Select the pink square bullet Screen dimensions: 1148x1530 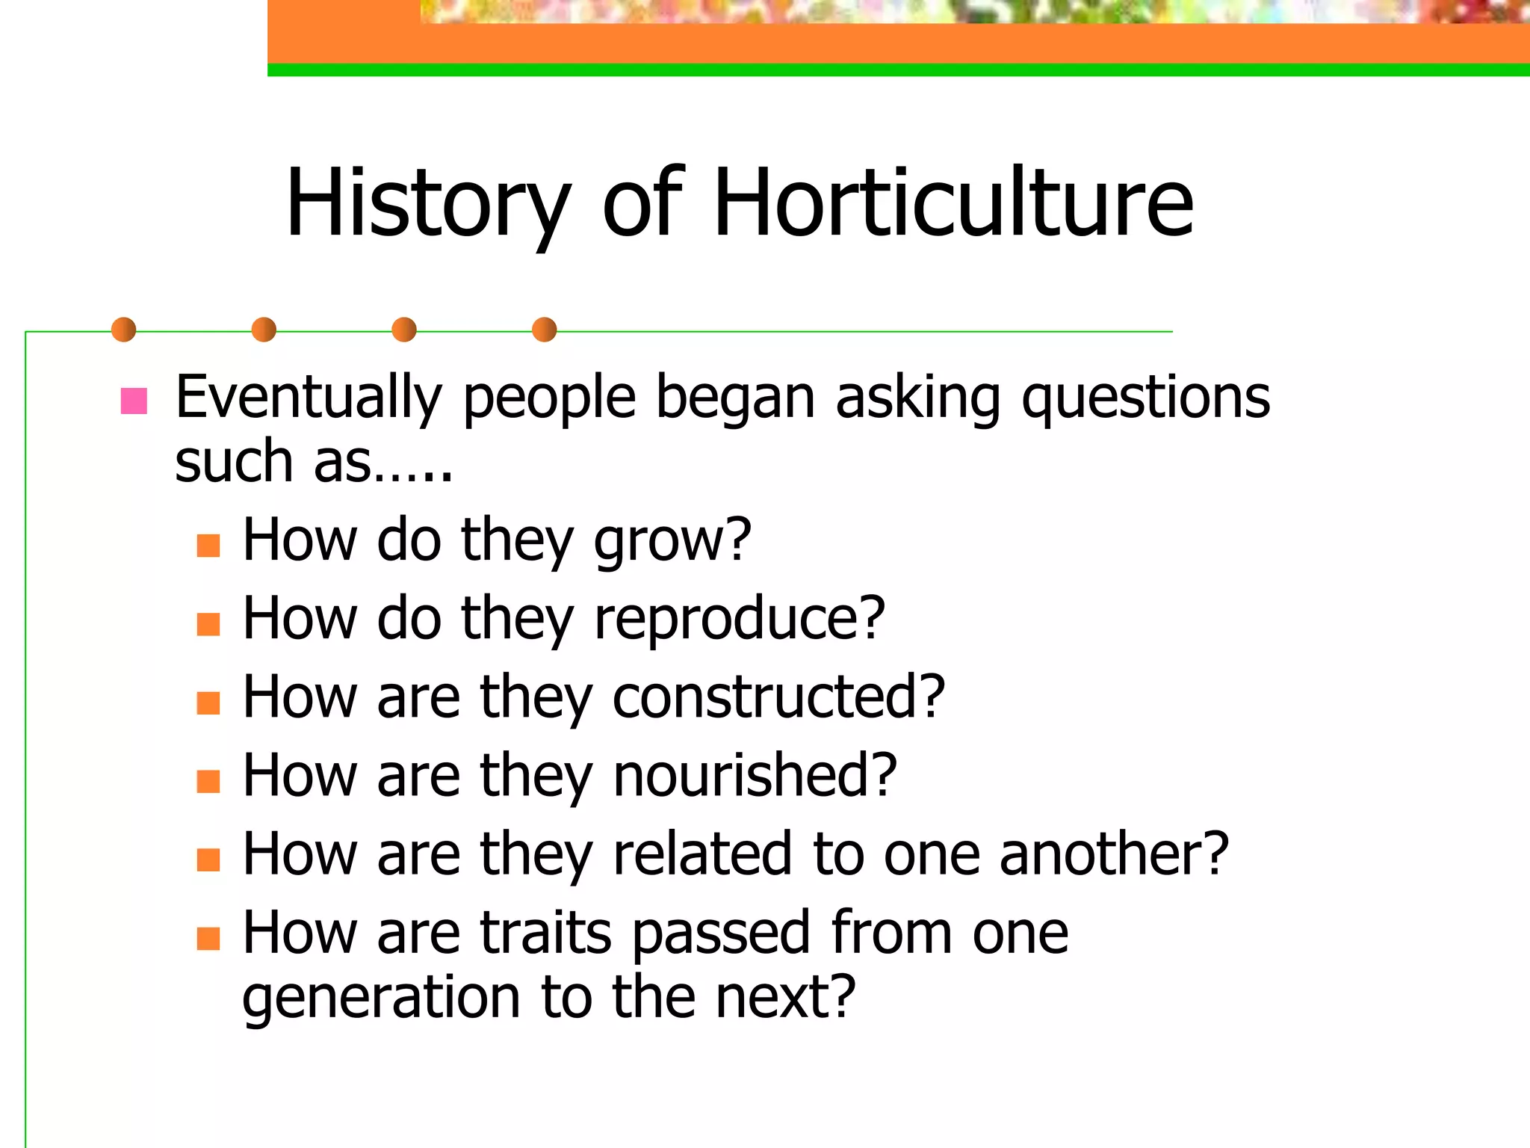pyautogui.click(x=134, y=401)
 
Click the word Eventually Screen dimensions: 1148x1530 pyautogui.click(x=309, y=398)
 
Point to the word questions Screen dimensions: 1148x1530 pyautogui.click(x=1145, y=398)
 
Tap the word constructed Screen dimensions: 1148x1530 pyautogui.click(x=779, y=697)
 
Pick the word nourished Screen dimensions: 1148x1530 pyautogui.click(x=755, y=775)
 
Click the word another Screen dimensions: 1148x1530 pyautogui.click(x=1114, y=854)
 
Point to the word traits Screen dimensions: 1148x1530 pyautogui.click(x=546, y=932)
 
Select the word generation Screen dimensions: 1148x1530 pyautogui.click(x=382, y=998)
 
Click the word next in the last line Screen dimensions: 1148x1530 pyautogui.click(x=784, y=998)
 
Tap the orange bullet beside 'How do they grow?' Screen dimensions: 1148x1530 pyautogui.click(x=208, y=545)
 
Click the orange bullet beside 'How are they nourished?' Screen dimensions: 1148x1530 pyautogui.click(x=208, y=781)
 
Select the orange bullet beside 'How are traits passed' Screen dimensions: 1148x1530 pyautogui.click(x=208, y=938)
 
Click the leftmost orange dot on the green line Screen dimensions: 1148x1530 pyautogui.click(x=124, y=330)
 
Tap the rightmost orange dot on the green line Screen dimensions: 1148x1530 pyautogui.click(x=545, y=330)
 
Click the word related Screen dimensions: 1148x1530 pyautogui.click(x=702, y=854)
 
